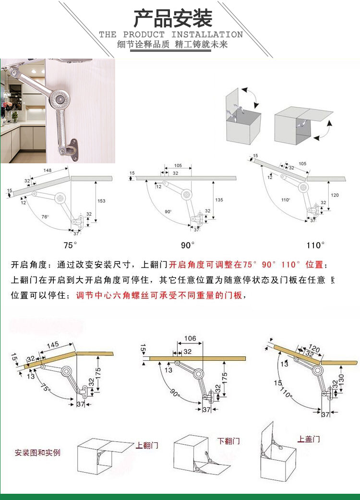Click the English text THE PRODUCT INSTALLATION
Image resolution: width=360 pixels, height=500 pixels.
(171, 35)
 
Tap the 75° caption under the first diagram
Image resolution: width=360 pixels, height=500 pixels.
(70, 245)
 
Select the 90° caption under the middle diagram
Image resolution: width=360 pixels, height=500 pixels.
(188, 245)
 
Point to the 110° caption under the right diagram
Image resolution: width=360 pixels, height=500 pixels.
(315, 245)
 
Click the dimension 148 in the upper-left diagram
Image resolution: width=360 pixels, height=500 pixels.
(47, 170)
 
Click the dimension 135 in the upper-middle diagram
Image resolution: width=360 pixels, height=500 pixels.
(218, 200)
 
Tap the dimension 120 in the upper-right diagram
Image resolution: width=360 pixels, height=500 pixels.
(335, 195)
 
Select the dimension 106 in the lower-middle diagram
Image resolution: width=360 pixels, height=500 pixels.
(190, 339)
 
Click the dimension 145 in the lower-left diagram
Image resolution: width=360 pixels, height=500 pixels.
(53, 344)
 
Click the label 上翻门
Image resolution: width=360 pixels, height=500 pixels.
(147, 445)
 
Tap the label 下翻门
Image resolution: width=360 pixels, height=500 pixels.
(228, 441)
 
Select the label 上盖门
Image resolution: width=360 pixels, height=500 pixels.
(308, 439)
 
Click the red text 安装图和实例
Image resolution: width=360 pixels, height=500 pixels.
(37, 452)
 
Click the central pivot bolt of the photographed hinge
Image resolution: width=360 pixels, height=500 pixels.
(60, 99)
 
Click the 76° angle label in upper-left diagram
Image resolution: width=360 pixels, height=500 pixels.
(45, 217)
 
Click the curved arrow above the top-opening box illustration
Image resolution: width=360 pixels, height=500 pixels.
(251, 98)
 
